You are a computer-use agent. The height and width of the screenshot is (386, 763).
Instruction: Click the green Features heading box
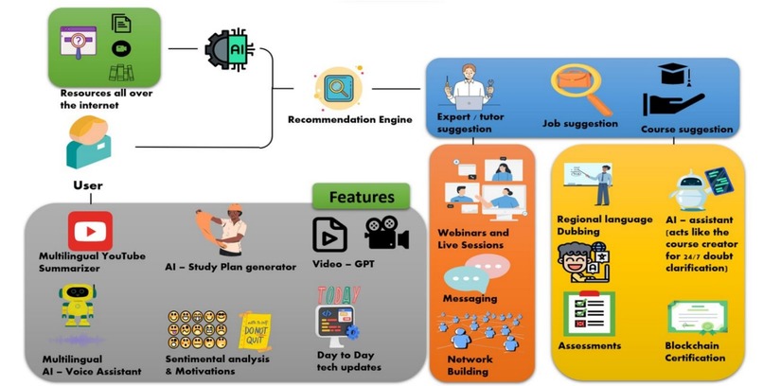tap(361, 198)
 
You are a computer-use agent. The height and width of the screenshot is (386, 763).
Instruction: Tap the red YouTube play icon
tap(90, 231)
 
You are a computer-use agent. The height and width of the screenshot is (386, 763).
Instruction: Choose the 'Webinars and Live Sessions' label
tap(472, 238)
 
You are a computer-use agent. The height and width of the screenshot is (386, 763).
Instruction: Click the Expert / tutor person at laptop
tap(466, 90)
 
